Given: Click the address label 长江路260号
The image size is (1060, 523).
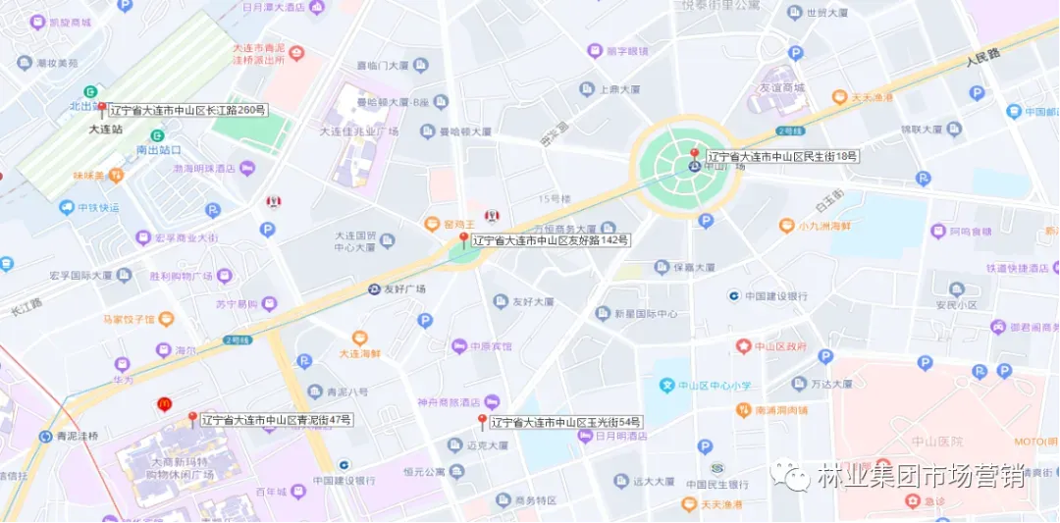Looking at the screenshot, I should click(186, 111).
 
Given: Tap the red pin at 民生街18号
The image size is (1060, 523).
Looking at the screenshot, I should click(694, 155).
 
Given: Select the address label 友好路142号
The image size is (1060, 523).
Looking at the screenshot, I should click(550, 239).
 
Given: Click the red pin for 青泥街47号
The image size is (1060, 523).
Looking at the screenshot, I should click(192, 419).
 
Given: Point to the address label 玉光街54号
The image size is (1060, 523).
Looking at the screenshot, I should click(566, 422).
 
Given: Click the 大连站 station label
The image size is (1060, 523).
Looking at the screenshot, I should click(105, 129).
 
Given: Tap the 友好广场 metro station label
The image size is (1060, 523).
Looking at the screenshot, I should click(403, 289).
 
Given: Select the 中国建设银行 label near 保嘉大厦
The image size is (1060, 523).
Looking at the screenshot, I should click(775, 295).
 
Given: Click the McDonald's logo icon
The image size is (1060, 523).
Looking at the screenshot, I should click(165, 403).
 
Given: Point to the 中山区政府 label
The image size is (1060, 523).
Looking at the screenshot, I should click(779, 346).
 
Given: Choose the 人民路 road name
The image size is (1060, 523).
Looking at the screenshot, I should click(981, 56).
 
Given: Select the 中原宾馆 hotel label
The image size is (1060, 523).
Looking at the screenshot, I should click(490, 346).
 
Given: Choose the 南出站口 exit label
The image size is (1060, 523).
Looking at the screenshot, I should click(159, 150).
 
